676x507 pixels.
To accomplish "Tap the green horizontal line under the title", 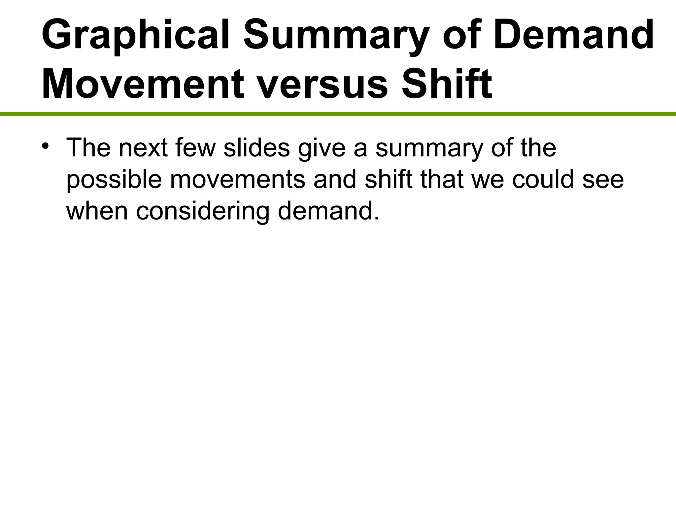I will click(x=338, y=114).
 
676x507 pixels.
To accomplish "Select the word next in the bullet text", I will click(x=143, y=148).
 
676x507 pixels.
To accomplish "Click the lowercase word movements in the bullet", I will click(x=237, y=180).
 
